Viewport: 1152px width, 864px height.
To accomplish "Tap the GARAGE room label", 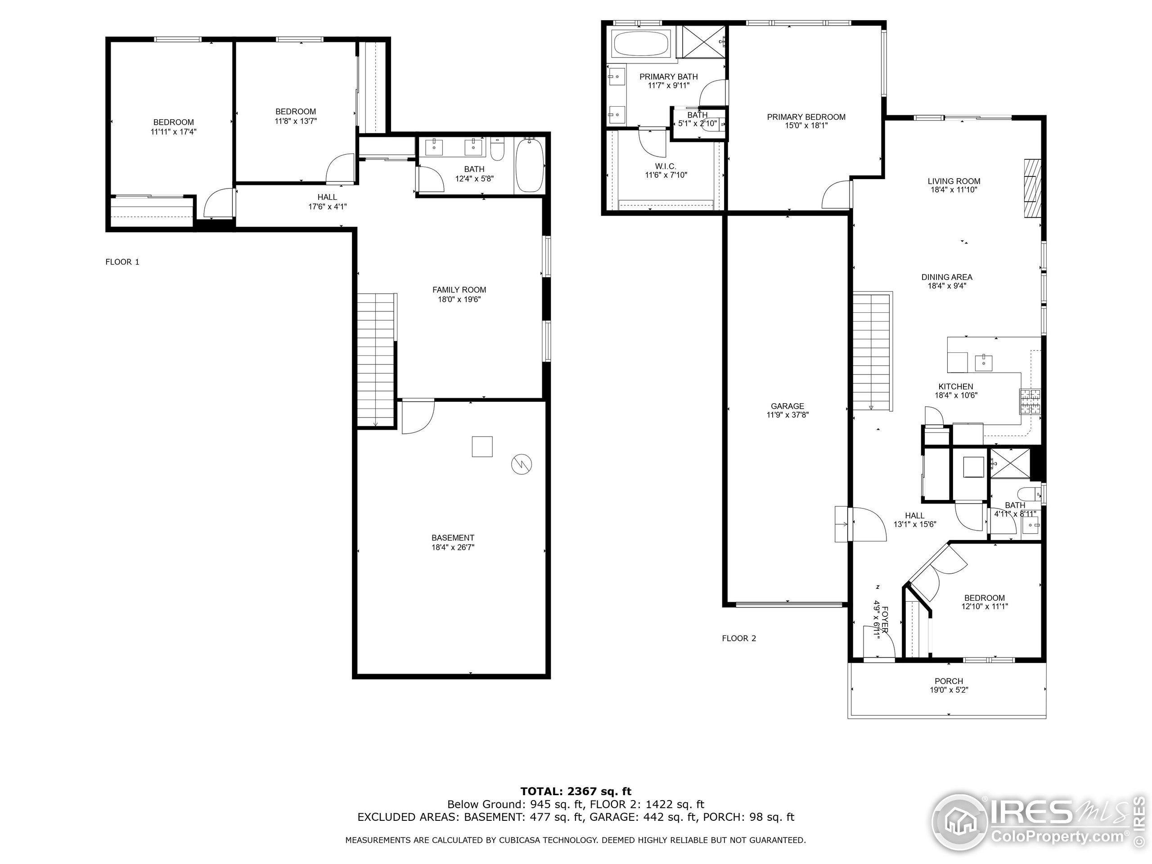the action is point(787,406).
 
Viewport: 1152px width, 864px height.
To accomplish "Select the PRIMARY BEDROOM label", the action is point(806,117).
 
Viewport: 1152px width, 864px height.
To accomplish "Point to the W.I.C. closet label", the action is point(666,166).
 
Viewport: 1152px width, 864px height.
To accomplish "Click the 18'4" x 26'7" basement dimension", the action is point(453,547).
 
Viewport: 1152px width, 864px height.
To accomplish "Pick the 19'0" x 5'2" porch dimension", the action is point(949,690).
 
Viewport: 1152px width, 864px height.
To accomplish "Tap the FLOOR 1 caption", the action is point(122,262).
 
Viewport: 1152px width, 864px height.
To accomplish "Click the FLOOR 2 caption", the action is point(739,639).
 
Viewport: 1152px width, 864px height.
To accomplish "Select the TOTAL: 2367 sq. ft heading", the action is point(576,792).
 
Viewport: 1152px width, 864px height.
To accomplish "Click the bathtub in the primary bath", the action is point(641,43).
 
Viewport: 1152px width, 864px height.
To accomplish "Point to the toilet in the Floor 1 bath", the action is point(497,148).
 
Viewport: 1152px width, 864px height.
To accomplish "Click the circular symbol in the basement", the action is point(522,464).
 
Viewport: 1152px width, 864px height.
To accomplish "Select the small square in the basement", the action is point(482,446).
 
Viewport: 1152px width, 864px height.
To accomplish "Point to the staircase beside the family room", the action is point(377,360).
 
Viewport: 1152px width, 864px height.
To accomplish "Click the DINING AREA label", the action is point(947,277).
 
